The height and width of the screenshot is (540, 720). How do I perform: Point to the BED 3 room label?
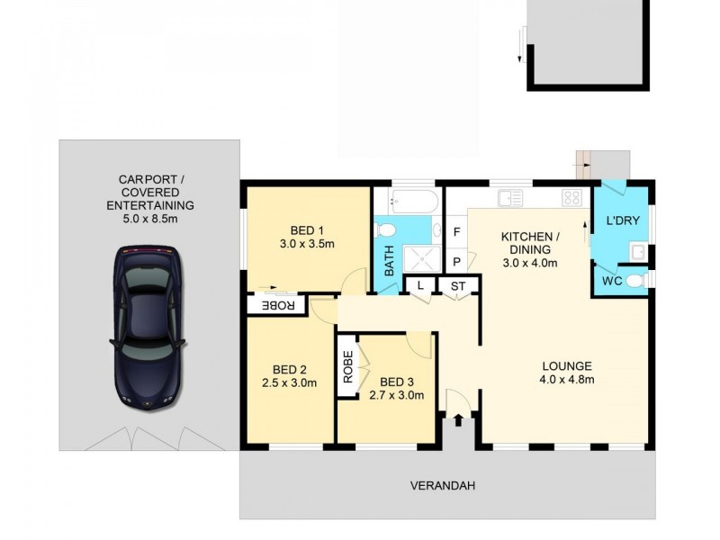pyautogui.click(x=397, y=387)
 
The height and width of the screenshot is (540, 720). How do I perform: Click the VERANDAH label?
pyautogui.click(x=442, y=486)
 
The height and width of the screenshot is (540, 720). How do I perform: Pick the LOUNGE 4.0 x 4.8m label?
pyautogui.click(x=566, y=373)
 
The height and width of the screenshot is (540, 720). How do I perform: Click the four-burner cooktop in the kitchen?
pyautogui.click(x=571, y=197)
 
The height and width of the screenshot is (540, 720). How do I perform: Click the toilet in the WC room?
pyautogui.click(x=634, y=282)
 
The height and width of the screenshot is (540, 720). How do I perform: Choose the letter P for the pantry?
pyautogui.click(x=457, y=262)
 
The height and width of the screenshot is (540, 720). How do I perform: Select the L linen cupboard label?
pyautogui.click(x=420, y=286)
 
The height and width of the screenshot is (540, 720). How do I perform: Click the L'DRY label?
pyautogui.click(x=621, y=221)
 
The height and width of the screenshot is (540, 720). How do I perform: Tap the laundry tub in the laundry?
pyautogui.click(x=640, y=251)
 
